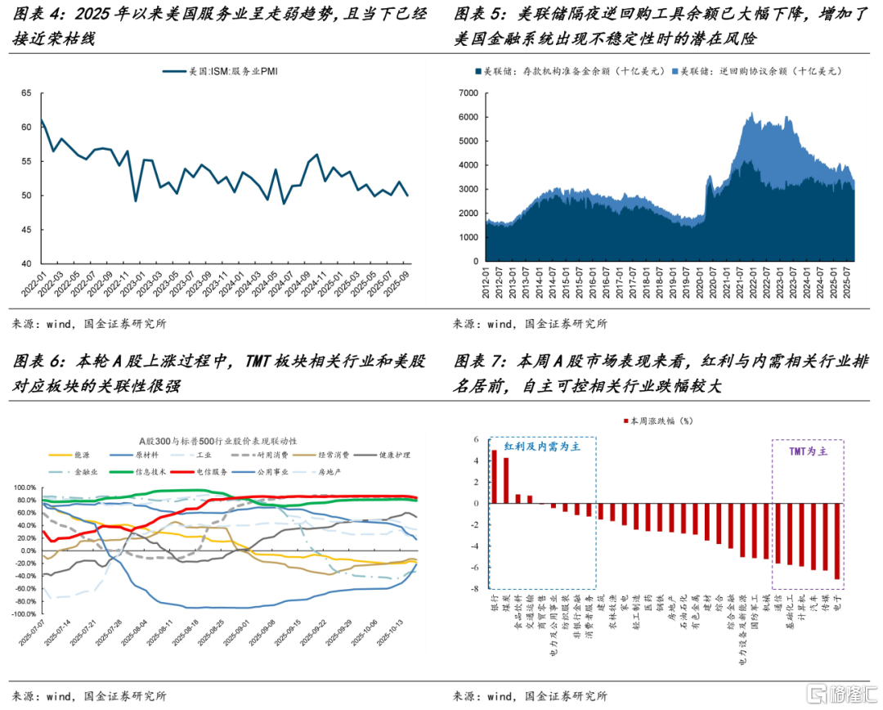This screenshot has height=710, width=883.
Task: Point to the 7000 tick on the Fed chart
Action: tap(468, 93)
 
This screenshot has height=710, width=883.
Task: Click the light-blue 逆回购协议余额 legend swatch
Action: tap(675, 72)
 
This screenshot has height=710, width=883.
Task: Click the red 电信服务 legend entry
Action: tap(196, 472)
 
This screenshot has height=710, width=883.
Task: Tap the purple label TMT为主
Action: tap(808, 451)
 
